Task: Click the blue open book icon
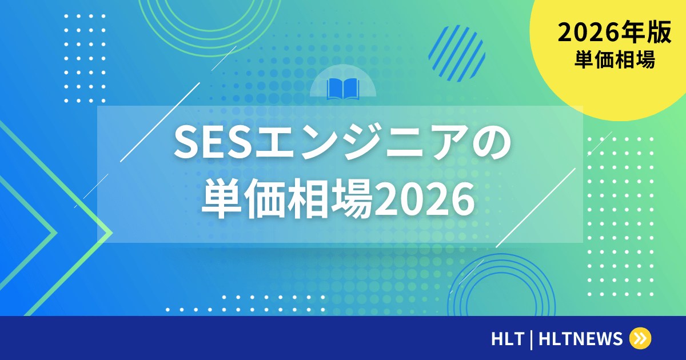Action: pyautogui.click(x=343, y=89)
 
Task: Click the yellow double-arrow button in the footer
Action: pyautogui.click(x=640, y=338)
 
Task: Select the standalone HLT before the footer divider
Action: pyautogui.click(x=507, y=339)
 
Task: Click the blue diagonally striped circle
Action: pyautogui.click(x=457, y=53)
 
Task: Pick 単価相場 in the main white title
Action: pyautogui.click(x=286, y=199)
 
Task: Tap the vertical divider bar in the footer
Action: pyautogui.click(x=532, y=339)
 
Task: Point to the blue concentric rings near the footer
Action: pyautogui.click(x=503, y=291)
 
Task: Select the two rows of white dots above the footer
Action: pyautogui.click(x=246, y=303)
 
